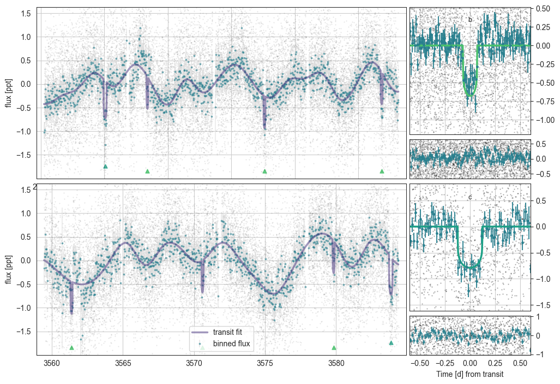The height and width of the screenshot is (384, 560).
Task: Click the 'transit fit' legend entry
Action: point(218,332)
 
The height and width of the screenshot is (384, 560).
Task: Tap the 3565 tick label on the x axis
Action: point(123,364)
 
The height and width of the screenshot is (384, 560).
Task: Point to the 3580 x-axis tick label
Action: point(336,364)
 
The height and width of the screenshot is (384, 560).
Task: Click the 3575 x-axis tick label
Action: point(265,364)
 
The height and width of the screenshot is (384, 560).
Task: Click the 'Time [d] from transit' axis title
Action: point(469,374)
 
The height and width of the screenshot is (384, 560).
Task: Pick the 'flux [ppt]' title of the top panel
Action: point(8,93)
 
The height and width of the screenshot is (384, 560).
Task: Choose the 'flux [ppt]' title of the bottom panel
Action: point(8,269)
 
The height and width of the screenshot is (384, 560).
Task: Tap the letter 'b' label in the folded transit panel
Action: point(470,20)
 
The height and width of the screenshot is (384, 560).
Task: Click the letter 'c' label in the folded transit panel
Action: point(470,198)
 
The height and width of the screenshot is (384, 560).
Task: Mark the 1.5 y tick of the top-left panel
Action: point(26,14)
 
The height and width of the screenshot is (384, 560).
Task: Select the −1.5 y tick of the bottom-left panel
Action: point(23,332)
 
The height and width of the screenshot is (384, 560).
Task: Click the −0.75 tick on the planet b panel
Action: point(545,101)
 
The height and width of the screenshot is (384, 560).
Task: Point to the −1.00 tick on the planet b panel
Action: point(545,120)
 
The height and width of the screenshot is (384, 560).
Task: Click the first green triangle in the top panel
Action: point(105,167)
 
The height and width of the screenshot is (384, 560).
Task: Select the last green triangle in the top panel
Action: point(382,172)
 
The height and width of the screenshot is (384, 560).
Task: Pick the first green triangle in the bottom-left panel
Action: point(72,348)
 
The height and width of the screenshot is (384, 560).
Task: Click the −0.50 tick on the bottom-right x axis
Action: point(420,364)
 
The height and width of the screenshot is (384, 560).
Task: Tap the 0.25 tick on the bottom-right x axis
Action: point(495,364)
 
